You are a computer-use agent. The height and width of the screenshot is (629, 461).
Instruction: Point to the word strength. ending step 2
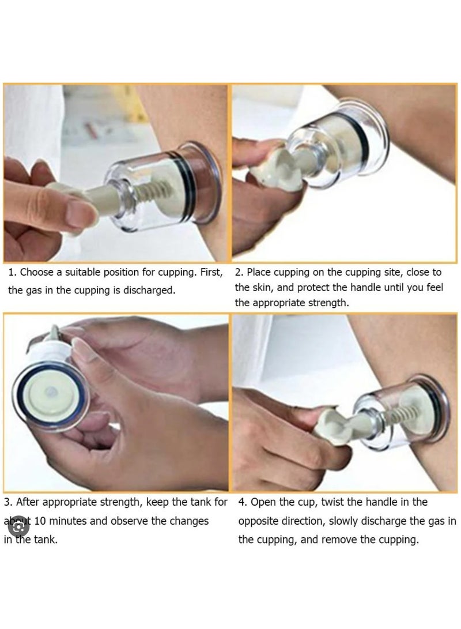(x=328, y=302)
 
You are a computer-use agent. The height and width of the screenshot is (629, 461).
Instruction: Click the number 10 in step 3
(x=41, y=521)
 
